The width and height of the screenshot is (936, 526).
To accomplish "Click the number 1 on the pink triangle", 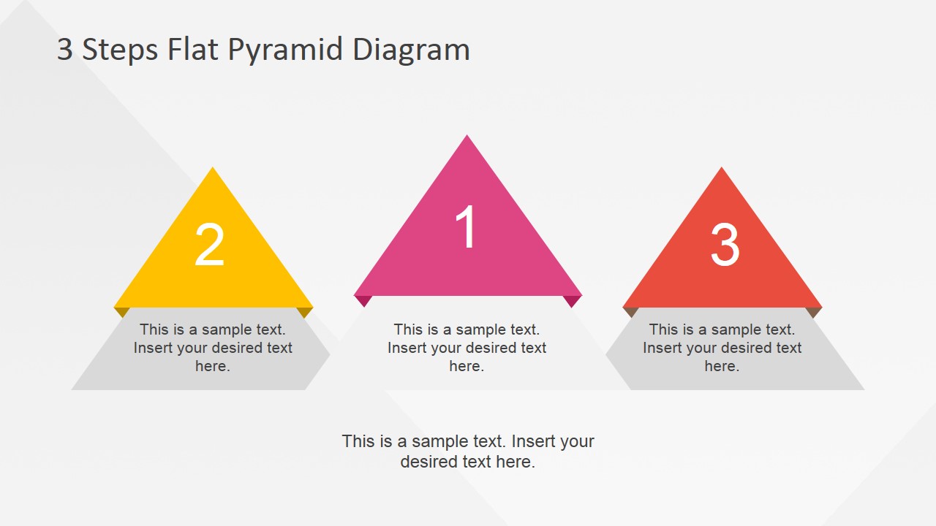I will (x=466, y=227).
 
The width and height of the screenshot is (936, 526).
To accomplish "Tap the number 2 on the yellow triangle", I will (x=209, y=245).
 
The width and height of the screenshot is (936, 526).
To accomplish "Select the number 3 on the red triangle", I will (x=725, y=245).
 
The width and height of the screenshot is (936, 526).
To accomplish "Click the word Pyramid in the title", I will (x=284, y=50).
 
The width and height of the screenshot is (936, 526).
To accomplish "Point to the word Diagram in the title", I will (x=411, y=50).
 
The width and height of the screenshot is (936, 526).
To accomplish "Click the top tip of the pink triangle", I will (x=467, y=137).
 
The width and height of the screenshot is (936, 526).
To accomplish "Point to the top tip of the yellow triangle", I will (x=213, y=169).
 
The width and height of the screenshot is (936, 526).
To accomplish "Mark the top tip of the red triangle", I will (x=722, y=169).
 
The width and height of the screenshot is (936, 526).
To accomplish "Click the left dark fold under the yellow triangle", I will (x=122, y=311).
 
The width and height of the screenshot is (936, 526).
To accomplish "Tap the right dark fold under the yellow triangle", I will (x=305, y=311).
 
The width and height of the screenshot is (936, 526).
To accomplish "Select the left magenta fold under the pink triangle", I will (x=363, y=300).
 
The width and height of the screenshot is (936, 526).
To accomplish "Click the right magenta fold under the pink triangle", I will (x=572, y=300).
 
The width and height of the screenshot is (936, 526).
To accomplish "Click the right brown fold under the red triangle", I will (x=813, y=311).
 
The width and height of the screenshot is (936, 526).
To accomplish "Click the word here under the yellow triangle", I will (x=212, y=366).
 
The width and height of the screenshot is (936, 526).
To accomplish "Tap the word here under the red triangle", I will (x=721, y=366).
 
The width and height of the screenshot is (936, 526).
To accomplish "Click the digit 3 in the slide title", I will (x=65, y=50).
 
